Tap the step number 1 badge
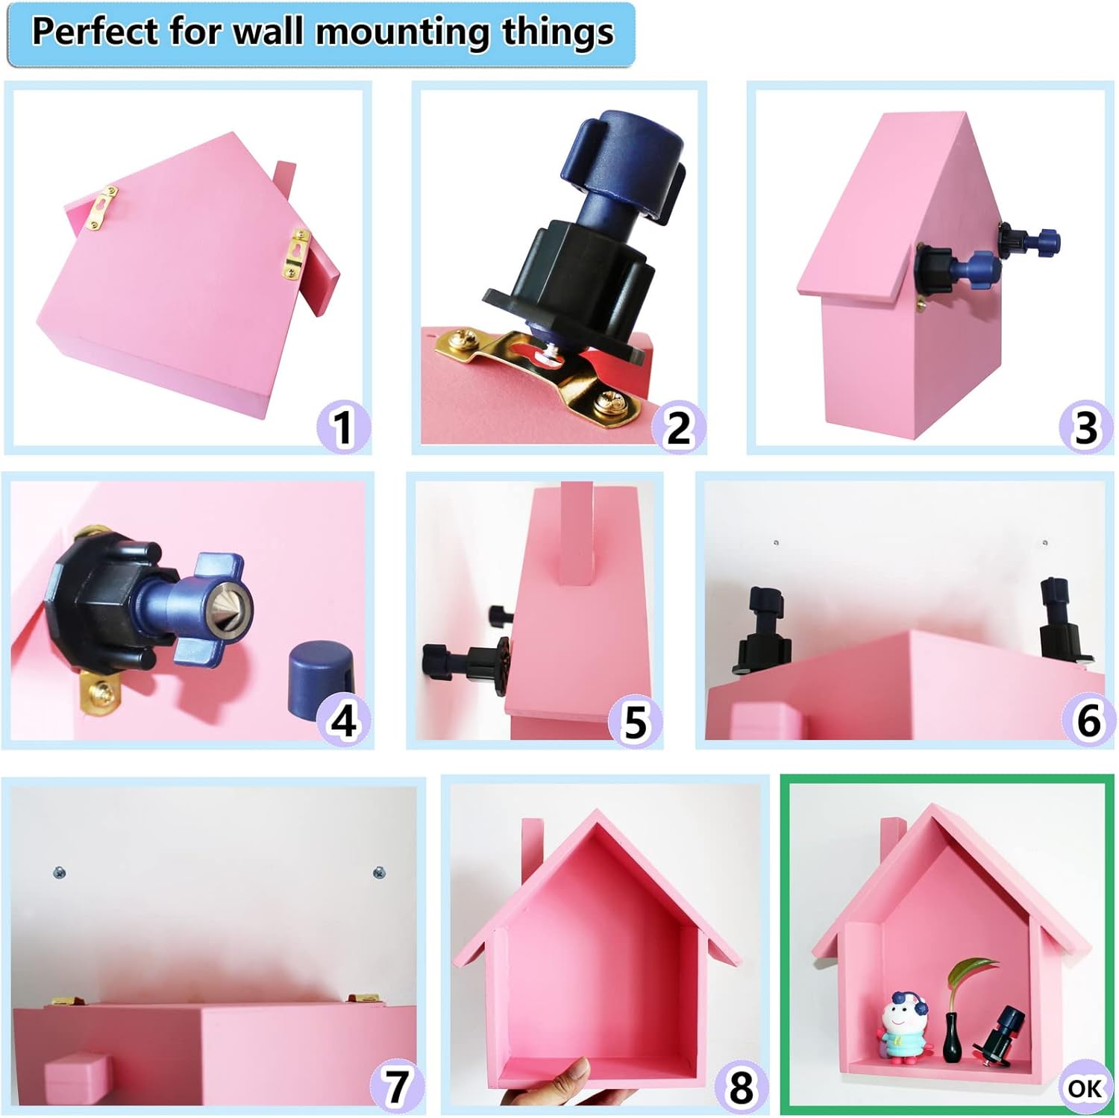[x=342, y=427]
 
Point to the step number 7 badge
[x=397, y=1085]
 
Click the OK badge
[x=1084, y=1087]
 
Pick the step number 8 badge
[x=741, y=1087]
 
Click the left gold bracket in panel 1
[x=102, y=207]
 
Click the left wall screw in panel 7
[x=59, y=871]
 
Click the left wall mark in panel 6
[x=776, y=543]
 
